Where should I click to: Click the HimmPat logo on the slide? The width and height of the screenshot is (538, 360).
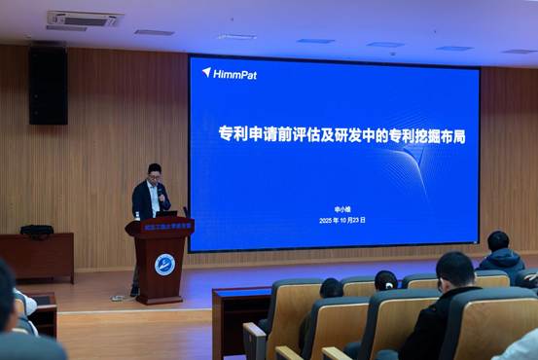pyautogui.click(x=230, y=73)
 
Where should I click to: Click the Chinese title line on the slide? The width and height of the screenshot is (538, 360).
pyautogui.click(x=341, y=135)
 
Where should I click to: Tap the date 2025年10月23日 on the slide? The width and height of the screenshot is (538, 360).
pyautogui.click(x=336, y=220)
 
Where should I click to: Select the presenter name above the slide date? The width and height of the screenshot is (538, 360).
pyautogui.click(x=335, y=208)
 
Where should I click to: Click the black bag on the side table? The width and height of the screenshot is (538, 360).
pyautogui.click(x=37, y=231)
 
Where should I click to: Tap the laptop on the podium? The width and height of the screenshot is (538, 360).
pyautogui.click(x=167, y=213)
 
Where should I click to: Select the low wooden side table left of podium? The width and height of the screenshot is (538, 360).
pyautogui.click(x=37, y=255)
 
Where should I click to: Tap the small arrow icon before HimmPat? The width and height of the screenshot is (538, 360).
pyautogui.click(x=206, y=72)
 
